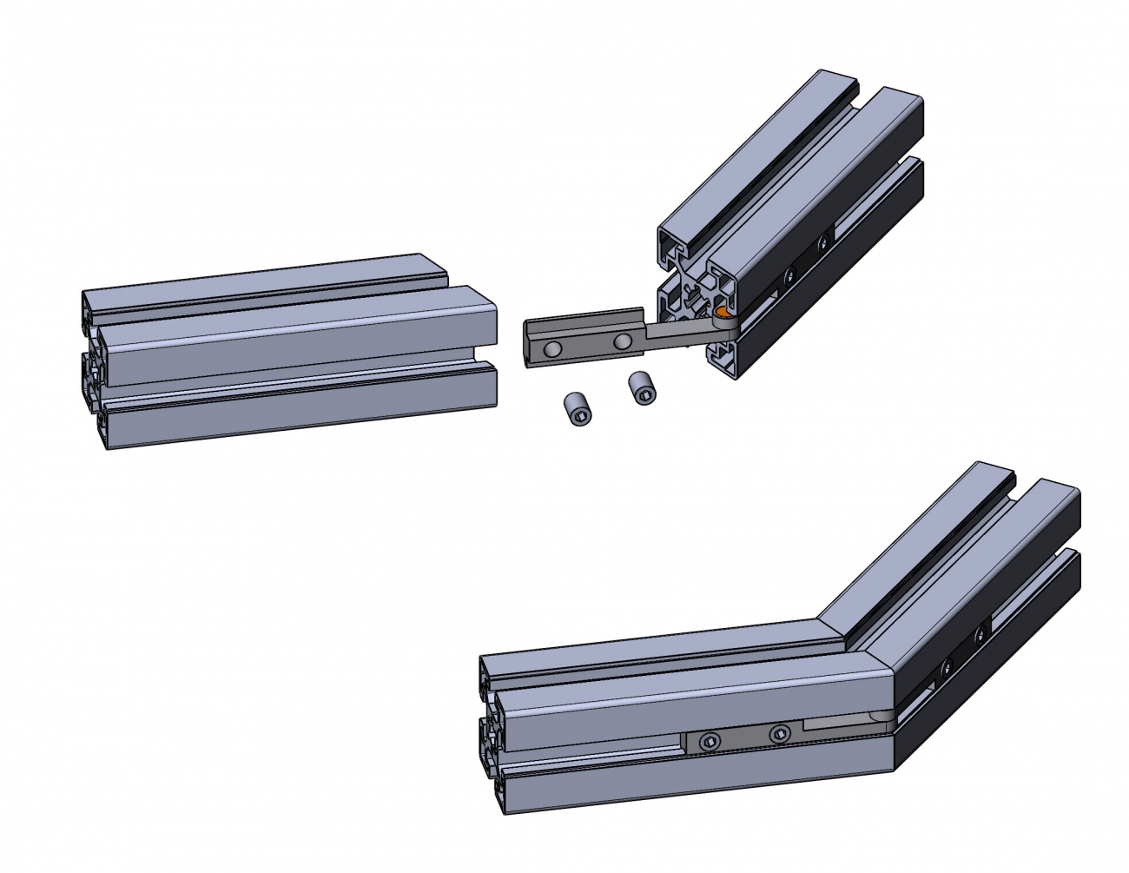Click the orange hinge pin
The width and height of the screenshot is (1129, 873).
[x=722, y=310]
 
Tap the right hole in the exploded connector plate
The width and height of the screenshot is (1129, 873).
[x=622, y=341]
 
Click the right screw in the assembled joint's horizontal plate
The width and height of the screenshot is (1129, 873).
[x=779, y=734]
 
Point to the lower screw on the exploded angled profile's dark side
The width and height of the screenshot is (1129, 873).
[x=789, y=276]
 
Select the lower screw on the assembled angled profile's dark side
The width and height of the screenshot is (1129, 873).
[x=946, y=666]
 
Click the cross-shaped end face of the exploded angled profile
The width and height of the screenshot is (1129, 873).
[x=695, y=304]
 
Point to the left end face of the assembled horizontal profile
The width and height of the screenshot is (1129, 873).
[x=492, y=734]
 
